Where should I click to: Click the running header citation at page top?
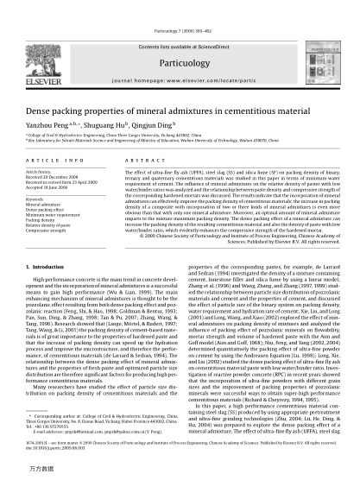[x=180, y=6]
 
